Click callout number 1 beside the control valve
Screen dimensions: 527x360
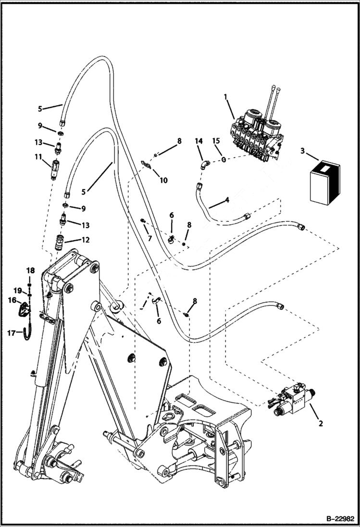pyautogui.click(x=225, y=98)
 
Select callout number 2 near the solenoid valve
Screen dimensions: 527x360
pyautogui.click(x=321, y=423)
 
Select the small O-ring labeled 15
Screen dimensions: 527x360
pyautogui.click(x=223, y=159)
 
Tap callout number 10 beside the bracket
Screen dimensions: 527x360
pyautogui.click(x=163, y=180)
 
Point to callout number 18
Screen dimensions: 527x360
pyautogui.click(x=30, y=271)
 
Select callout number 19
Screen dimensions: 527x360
pyautogui.click(x=17, y=290)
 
